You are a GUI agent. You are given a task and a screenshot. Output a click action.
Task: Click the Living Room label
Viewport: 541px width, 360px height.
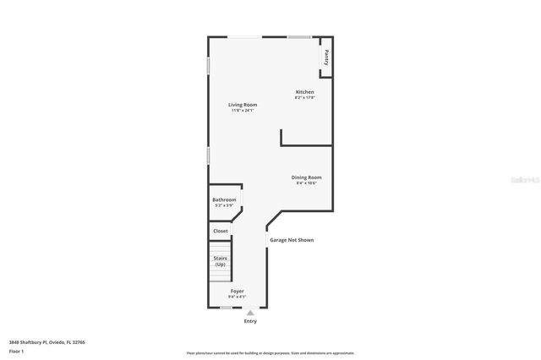coord(243,105)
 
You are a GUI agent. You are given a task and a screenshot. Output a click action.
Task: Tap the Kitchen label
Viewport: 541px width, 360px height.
coord(304,91)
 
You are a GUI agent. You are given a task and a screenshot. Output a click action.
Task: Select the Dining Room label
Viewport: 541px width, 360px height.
coord(306,177)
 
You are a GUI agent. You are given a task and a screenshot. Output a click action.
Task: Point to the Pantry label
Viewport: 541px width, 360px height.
coord(326,57)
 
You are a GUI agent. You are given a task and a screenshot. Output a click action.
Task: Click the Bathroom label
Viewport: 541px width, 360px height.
coord(224,199)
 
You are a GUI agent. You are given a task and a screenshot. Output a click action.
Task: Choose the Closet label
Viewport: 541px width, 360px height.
coord(221,231)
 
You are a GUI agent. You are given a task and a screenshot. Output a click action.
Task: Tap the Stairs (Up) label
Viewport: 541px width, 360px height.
coord(220,261)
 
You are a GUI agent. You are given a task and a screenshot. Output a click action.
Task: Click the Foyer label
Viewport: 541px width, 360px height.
coord(238,291)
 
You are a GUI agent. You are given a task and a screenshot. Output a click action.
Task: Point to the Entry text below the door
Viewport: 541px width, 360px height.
coord(250,321)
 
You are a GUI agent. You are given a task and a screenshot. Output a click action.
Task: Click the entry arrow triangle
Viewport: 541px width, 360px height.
coord(250,312)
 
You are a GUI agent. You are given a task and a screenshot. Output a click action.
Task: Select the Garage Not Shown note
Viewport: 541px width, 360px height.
coord(292,240)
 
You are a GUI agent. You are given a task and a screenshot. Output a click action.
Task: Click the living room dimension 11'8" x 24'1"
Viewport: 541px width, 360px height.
coord(243,111)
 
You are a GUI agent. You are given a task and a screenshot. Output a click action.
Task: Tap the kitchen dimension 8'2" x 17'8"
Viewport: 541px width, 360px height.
coord(304,97)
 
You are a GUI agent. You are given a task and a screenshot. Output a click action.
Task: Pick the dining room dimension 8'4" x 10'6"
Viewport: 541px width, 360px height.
coord(306,183)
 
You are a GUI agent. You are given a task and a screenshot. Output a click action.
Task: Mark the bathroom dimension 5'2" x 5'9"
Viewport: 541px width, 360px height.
coord(224,205)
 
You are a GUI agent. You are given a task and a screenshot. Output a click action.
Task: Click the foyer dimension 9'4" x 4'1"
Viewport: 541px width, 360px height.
coord(238,297)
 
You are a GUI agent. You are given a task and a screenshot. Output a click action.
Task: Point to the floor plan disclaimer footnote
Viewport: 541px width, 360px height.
coord(270,353)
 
